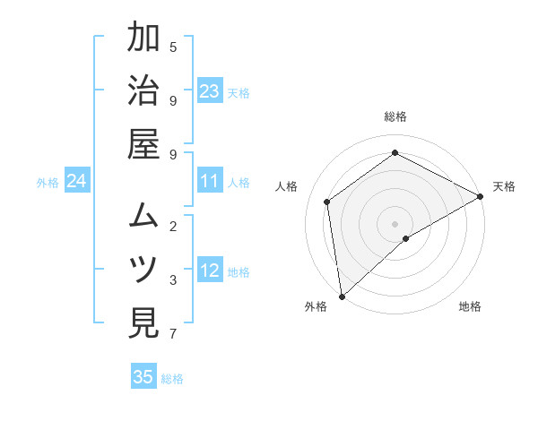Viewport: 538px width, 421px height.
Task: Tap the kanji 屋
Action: (144, 146)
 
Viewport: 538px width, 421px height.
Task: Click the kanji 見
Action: (144, 323)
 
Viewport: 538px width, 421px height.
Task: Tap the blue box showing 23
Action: (210, 91)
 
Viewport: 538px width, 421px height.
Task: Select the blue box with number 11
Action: (210, 182)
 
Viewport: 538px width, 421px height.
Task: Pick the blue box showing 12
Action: (210, 271)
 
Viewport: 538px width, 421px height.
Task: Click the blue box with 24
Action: (77, 182)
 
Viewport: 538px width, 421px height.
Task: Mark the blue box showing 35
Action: (143, 377)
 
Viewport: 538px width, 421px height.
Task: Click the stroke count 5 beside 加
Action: (173, 47)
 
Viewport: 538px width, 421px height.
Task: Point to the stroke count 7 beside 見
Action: (173, 334)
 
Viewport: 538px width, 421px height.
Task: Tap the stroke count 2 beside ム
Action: (173, 225)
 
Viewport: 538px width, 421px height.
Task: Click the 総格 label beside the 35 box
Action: (172, 379)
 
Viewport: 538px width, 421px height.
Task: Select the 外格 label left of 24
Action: (48, 183)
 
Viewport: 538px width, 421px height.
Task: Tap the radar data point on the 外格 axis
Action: (341, 296)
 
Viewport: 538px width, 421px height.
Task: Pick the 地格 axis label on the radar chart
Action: (470, 306)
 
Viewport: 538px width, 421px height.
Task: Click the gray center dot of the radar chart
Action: (395, 222)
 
